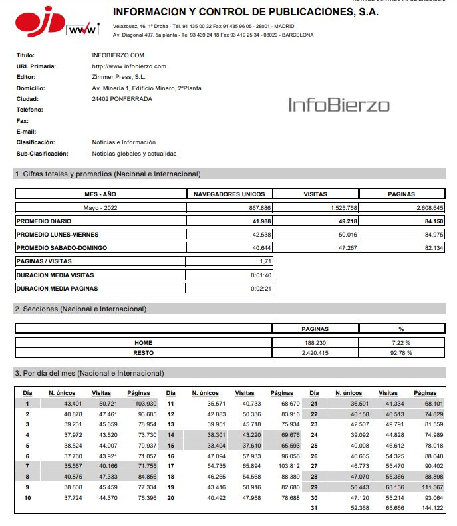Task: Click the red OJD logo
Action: [39, 23]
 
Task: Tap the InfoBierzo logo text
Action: [339, 104]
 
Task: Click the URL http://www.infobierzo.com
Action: [128, 66]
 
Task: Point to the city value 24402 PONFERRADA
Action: [122, 99]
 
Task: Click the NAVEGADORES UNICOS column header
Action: [229, 194]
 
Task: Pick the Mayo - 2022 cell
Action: [100, 207]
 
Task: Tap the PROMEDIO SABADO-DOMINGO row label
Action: [61, 247]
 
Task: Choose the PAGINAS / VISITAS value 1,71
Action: [265, 261]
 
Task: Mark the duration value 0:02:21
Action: [261, 288]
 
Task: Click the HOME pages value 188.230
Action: [315, 342]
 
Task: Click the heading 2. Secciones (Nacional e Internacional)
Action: [80, 309]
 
